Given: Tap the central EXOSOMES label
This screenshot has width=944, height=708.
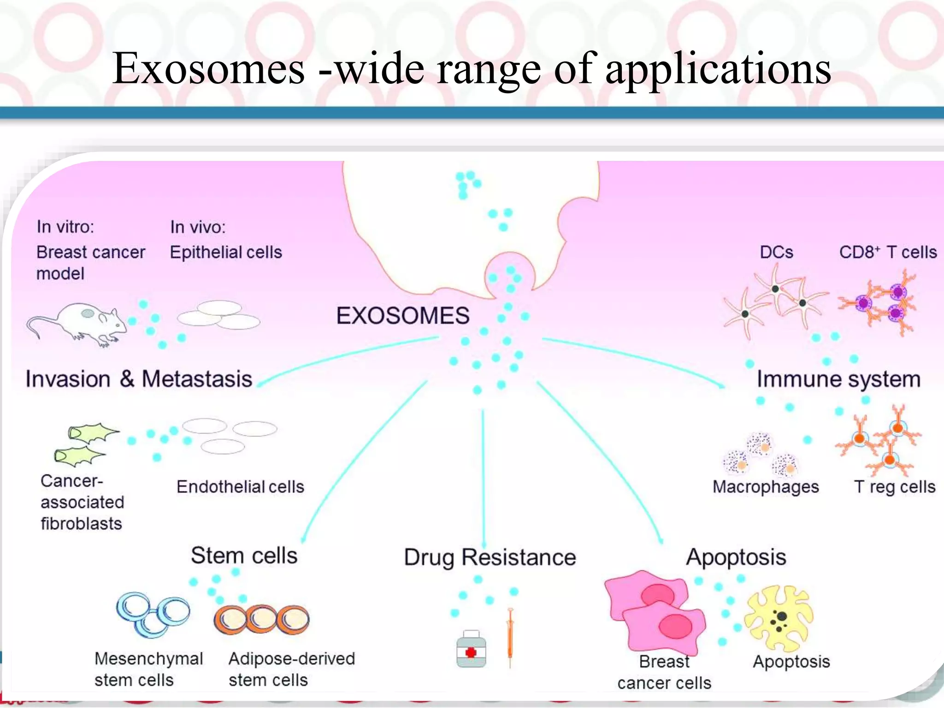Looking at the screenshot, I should click(x=402, y=316).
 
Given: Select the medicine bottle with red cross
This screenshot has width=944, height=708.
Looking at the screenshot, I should click(x=471, y=649).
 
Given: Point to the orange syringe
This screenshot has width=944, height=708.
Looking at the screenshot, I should click(x=510, y=636).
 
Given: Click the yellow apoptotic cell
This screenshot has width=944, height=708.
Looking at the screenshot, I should click(x=779, y=618).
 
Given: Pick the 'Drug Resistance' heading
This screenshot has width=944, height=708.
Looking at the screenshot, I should click(x=490, y=557).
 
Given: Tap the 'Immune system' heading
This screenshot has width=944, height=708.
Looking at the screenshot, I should click(x=838, y=379).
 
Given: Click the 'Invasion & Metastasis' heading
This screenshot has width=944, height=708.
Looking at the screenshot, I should click(x=139, y=379).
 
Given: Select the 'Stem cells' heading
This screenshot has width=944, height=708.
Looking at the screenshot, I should click(x=244, y=555).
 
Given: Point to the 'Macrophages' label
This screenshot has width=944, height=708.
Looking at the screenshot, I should click(x=766, y=487).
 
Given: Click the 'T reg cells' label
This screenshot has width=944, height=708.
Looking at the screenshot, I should click(x=895, y=487).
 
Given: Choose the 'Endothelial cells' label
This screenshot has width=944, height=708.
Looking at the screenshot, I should click(x=240, y=487).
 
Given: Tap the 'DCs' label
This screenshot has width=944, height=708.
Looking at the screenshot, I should click(x=777, y=252).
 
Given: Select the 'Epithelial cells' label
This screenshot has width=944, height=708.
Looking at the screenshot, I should click(x=226, y=252).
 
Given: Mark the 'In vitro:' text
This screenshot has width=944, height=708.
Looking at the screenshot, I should click(x=65, y=227).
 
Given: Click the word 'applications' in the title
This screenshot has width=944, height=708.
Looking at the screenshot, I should click(x=718, y=69).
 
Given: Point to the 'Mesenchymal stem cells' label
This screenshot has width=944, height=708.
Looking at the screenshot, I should click(x=148, y=669).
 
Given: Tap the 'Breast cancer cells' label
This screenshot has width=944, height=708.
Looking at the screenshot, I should click(x=664, y=672).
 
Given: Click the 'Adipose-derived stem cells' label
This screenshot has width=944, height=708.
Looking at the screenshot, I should click(x=291, y=669).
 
